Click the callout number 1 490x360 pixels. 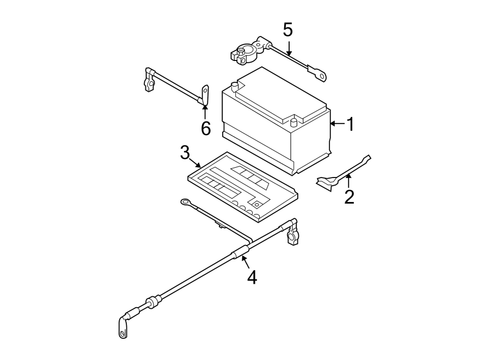(350, 125)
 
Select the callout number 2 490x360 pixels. (349, 196)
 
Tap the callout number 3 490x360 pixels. (185, 152)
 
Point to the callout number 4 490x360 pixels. (251, 277)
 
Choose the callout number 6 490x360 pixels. (205, 129)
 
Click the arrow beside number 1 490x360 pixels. (337, 125)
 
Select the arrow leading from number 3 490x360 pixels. (197, 162)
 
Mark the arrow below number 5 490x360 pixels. (289, 47)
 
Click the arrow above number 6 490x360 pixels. (205, 111)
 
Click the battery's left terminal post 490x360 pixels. (234, 86)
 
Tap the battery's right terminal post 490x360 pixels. (294, 121)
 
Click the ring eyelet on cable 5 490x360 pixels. (318, 71)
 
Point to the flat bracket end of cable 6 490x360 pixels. (205, 94)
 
